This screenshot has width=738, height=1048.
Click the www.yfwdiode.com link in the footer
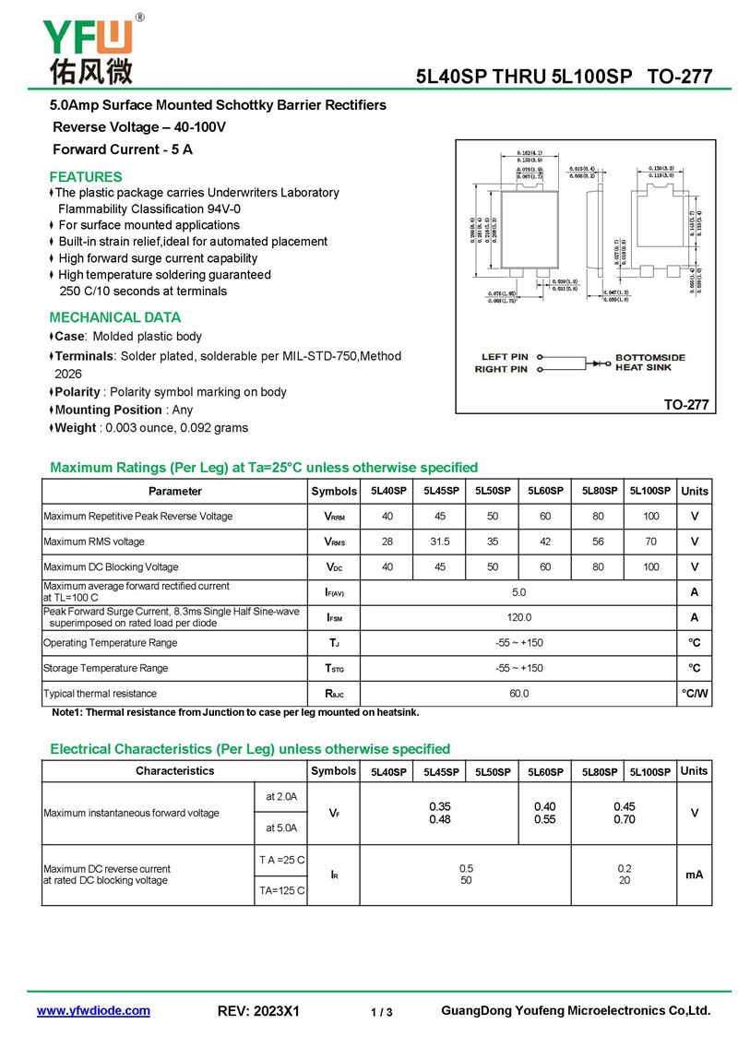click(x=93, y=1011)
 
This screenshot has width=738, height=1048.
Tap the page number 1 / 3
click(x=382, y=1013)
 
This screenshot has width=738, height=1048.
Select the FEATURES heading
click(x=86, y=176)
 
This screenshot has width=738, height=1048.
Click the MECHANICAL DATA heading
click(x=115, y=317)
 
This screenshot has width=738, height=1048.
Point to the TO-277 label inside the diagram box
click(x=686, y=404)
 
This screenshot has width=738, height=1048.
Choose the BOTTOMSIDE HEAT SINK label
click(x=650, y=363)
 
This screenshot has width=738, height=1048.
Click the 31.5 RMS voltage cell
click(x=440, y=542)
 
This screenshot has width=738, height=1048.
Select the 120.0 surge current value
click(x=519, y=617)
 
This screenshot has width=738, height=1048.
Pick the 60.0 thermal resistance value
click(x=519, y=694)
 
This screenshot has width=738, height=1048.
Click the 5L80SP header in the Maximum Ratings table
click(x=598, y=491)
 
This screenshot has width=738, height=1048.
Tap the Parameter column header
click(x=175, y=492)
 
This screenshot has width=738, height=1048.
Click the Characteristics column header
click(x=175, y=771)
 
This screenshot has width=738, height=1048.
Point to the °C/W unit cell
click(x=695, y=694)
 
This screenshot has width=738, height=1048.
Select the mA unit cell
click(x=695, y=874)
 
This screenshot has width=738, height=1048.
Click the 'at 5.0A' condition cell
click(x=281, y=828)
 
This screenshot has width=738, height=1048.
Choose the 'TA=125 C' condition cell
click(x=281, y=890)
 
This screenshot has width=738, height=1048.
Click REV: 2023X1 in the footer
click(x=259, y=1012)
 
